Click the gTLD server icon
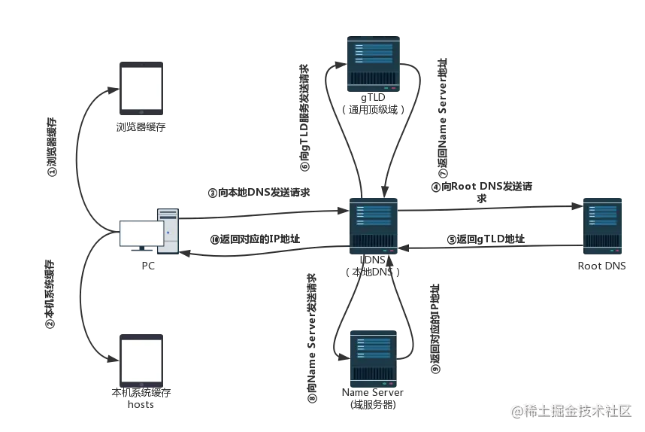tap(374, 64)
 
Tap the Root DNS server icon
tap(602, 226)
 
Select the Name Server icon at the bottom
tap(374, 359)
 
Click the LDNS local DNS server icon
tap(374, 226)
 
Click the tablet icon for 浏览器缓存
tap(141, 89)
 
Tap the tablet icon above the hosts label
tap(141, 361)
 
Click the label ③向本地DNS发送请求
tap(259, 193)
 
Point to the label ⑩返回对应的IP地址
tap(255, 239)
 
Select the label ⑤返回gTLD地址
tap(486, 239)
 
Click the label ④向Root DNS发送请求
tap(482, 193)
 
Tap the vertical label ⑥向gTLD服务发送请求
tap(304, 117)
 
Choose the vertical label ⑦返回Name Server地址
tap(442, 117)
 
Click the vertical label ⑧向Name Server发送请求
tap(312, 338)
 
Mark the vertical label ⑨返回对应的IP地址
tap(435, 329)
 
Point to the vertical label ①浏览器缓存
tap(52, 147)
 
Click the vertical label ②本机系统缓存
tap(50, 294)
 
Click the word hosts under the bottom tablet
tap(141, 404)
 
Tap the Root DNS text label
tap(602, 266)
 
